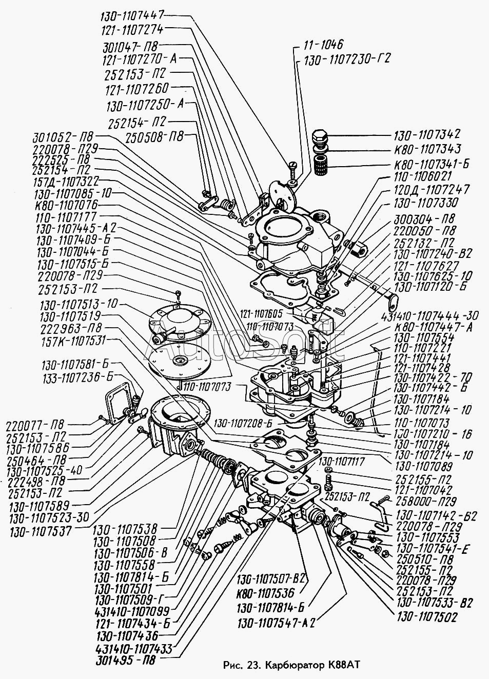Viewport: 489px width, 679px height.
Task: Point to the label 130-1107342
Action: [427, 135]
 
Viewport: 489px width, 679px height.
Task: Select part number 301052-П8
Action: [64, 137]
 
